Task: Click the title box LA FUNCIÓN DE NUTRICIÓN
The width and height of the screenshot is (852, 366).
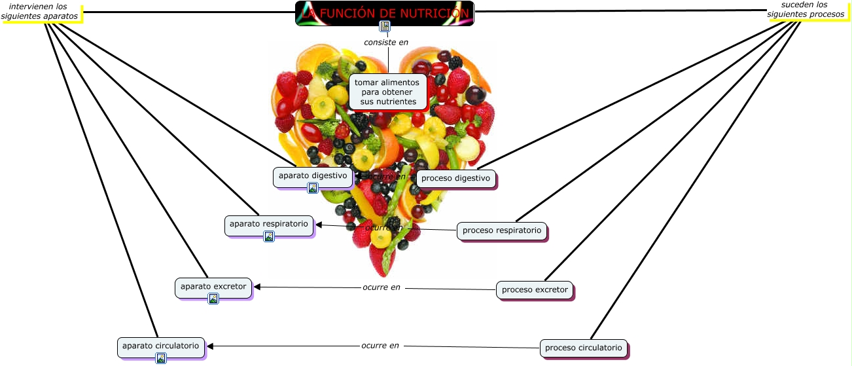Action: pos(384,12)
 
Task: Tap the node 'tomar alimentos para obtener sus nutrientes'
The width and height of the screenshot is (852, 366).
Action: pos(388,92)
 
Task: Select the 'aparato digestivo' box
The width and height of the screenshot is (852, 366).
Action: pos(313,175)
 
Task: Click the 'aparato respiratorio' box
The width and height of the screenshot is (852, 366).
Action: pos(269,224)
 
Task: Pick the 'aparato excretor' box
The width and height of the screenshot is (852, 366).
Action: pos(213,286)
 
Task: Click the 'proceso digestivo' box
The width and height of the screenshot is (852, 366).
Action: pos(455,178)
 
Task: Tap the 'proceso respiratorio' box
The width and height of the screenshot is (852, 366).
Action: pos(502,230)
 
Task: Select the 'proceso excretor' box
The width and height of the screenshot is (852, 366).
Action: pos(535,289)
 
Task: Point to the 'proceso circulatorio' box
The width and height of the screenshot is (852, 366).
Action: pos(584,348)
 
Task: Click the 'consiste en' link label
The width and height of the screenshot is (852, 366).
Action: pos(386,43)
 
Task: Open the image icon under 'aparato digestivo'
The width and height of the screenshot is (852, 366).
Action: pos(313,188)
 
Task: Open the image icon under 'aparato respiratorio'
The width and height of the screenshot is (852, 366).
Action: pos(269,236)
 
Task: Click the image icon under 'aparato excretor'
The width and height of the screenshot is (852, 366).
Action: pos(213,299)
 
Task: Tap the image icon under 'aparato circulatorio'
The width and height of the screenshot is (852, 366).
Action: pos(161,357)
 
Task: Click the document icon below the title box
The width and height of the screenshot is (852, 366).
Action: pos(385,26)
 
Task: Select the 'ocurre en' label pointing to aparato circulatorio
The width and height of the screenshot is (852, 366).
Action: pos(380,346)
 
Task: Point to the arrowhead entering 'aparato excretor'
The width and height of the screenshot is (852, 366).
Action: pos(258,287)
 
